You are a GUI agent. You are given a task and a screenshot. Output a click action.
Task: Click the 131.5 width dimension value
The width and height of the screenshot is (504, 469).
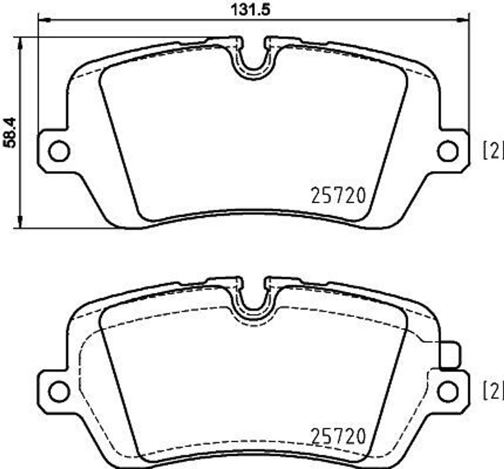252,9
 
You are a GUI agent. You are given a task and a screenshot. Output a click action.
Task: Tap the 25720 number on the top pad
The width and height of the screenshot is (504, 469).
338,196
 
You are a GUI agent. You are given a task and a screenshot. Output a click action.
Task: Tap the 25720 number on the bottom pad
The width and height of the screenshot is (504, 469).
338,436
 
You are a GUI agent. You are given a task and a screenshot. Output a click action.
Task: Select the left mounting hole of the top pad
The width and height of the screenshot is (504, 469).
59,151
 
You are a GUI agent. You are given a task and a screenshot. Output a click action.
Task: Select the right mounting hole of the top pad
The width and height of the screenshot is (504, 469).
447,151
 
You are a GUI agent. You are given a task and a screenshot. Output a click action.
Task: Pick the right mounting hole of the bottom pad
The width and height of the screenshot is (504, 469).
447,391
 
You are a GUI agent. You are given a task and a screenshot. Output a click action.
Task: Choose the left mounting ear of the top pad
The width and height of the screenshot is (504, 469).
52,151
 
